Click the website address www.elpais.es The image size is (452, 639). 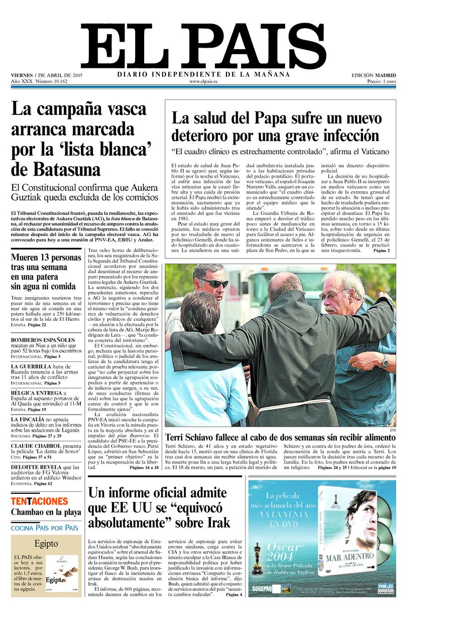[203, 81]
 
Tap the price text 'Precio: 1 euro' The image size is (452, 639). [381, 81]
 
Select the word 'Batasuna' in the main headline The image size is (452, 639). [56, 169]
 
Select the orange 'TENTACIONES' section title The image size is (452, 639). [39, 501]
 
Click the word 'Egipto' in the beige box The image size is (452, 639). [46, 544]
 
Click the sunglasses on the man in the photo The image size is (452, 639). [215, 283]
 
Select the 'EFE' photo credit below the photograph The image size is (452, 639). [392, 430]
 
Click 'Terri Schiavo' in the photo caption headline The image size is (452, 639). [191, 438]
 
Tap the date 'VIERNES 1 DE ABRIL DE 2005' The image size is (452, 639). [47, 75]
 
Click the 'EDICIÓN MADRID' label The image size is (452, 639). [373, 75]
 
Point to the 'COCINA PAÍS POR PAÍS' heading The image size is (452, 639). [45, 528]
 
